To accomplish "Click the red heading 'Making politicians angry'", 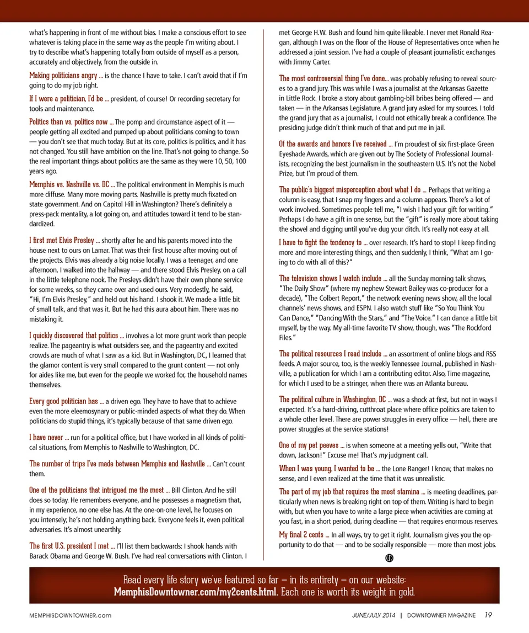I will pos(63,76).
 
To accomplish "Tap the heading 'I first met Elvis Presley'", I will pos(62,241).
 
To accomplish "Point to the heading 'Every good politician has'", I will pos(63,401).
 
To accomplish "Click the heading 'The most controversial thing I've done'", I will pos(332,79).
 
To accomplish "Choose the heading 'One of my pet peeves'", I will pos(308,445).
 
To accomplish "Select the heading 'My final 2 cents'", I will pos(301,535).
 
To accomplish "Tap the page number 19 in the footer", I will pos(489,615).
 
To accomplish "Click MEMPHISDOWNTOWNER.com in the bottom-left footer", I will pos(71,615).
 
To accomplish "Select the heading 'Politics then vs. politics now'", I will pos(68,122).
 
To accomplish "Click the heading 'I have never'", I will pos(46,438).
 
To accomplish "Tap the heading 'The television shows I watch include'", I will pos(330,278).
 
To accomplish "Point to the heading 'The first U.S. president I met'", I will pos(69,546).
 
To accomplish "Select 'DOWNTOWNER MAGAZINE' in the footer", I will pos(442,615).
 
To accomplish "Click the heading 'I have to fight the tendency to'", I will pos(320,243).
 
